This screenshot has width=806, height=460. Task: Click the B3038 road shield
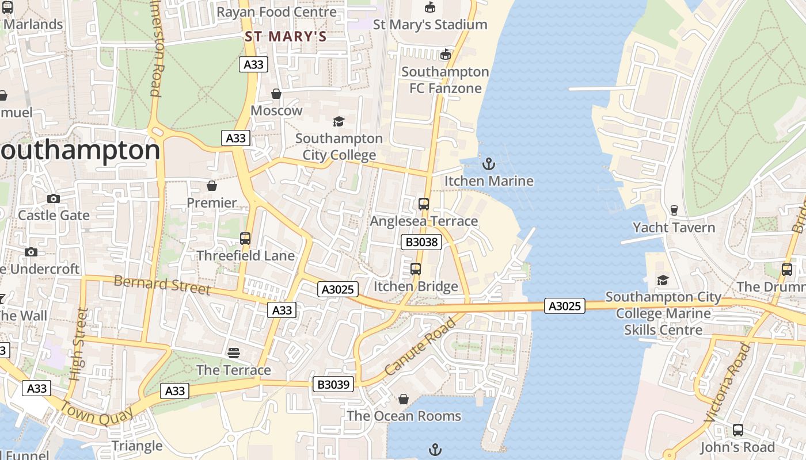tap(421, 242)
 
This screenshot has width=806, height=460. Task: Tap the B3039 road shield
tap(333, 384)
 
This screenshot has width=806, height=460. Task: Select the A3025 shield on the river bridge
tap(564, 306)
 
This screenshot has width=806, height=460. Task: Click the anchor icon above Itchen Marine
tap(488, 164)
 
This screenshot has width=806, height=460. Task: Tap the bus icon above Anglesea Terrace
tap(424, 204)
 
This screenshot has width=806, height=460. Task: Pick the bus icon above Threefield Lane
tap(245, 239)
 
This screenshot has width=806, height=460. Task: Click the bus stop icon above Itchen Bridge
tap(416, 269)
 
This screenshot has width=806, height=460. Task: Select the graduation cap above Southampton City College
tap(339, 121)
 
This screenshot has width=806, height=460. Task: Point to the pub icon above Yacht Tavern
tap(674, 210)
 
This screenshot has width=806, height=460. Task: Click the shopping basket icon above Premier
tap(212, 186)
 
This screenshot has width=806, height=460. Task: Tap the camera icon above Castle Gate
tap(54, 199)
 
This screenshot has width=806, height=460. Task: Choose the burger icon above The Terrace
tap(234, 352)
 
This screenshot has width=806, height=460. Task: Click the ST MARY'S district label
tap(286, 37)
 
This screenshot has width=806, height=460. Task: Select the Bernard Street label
tap(162, 285)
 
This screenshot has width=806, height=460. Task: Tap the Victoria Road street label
tap(727, 382)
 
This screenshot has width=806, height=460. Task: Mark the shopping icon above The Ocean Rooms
tap(404, 399)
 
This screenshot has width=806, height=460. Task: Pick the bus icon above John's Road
tap(737, 430)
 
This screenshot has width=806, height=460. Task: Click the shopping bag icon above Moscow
tap(276, 94)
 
